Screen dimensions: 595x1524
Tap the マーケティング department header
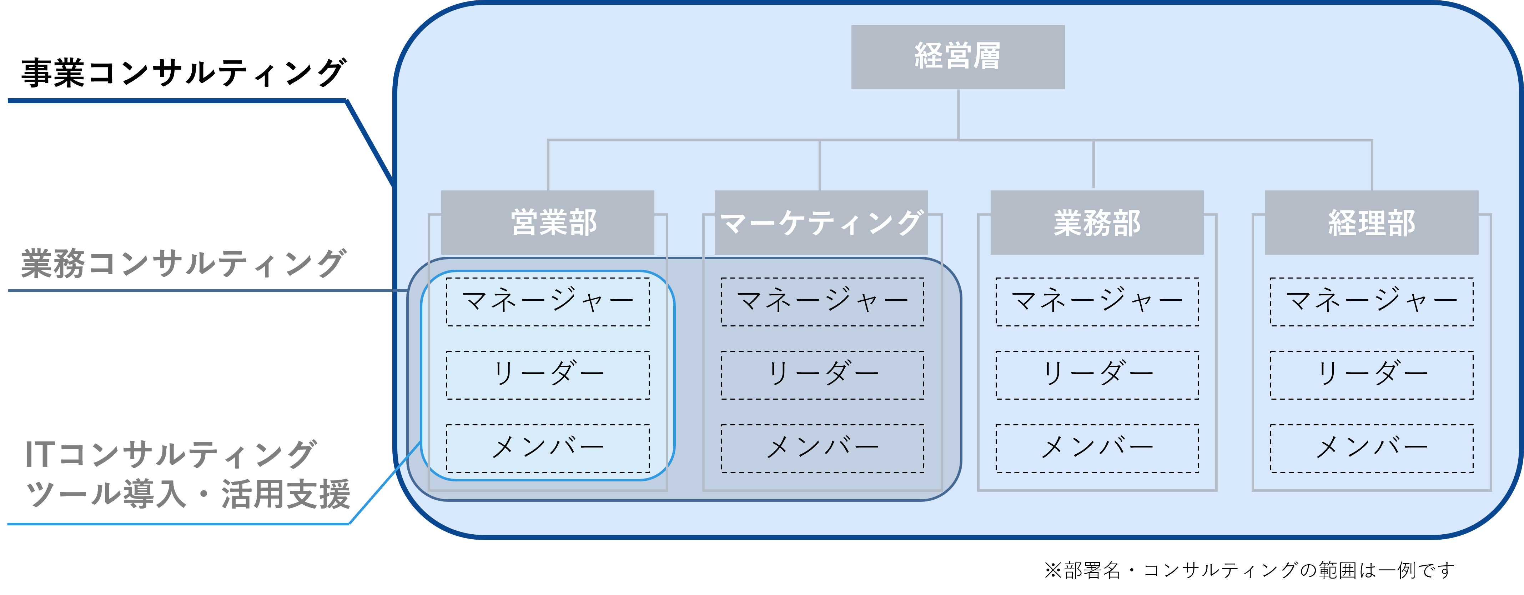coord(821,222)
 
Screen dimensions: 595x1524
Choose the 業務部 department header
coord(1097,222)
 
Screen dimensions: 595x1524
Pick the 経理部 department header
coord(1371,222)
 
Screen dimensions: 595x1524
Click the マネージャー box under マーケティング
coord(823,302)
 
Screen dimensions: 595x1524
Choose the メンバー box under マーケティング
coord(823,448)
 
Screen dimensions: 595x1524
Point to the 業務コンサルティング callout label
coord(183,264)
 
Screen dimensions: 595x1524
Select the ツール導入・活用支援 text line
coord(188,494)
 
